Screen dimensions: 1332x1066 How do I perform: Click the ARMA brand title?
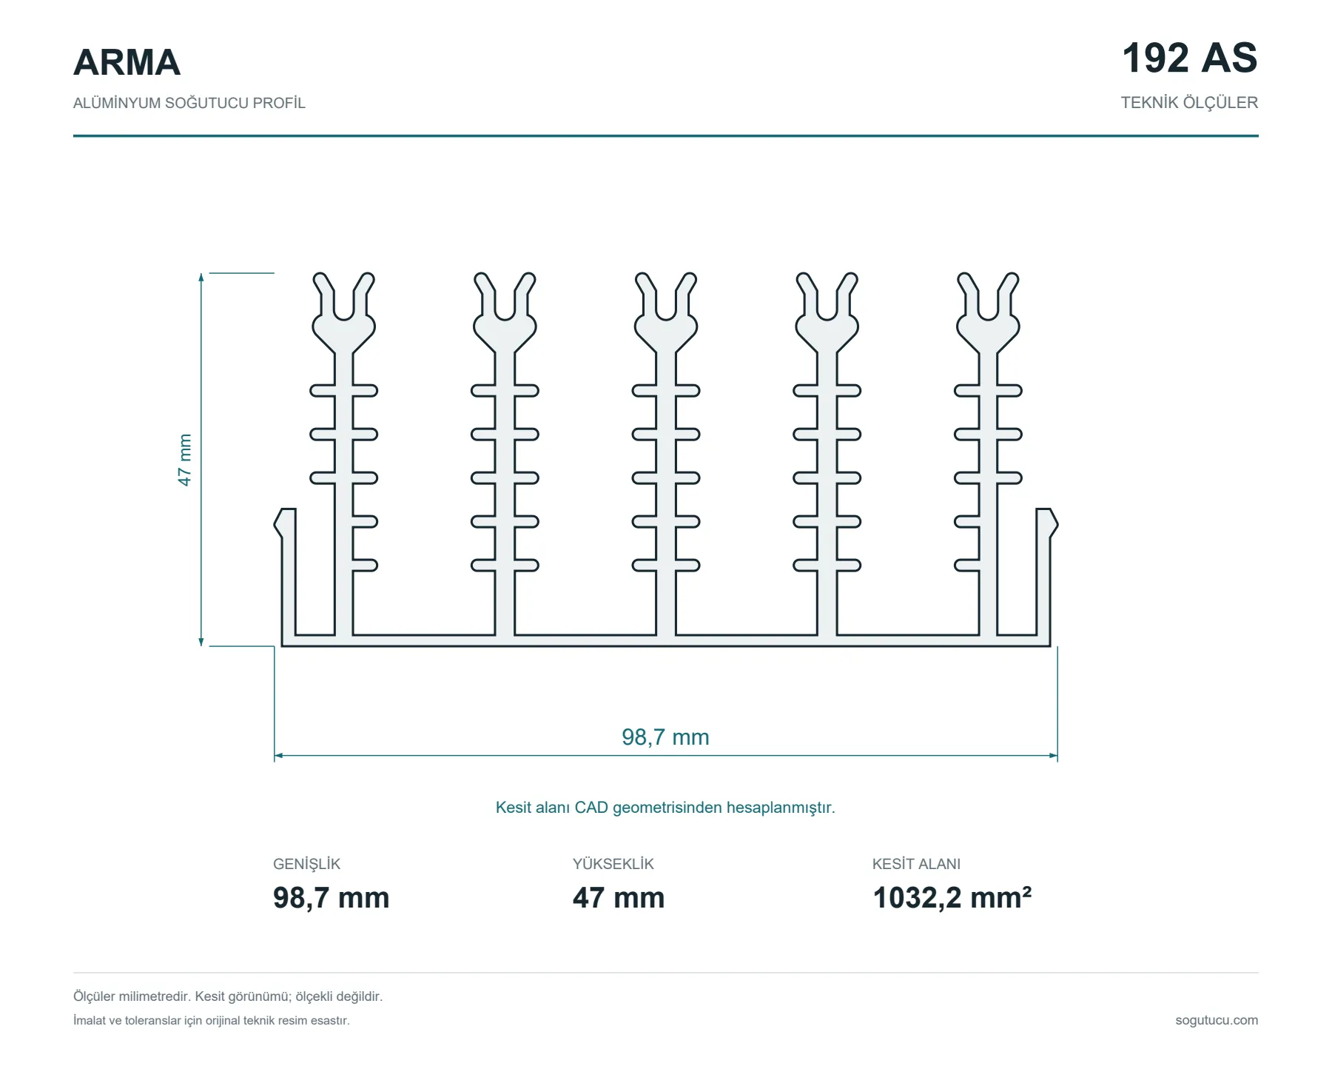(x=127, y=62)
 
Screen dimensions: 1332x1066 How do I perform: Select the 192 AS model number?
(x=1189, y=58)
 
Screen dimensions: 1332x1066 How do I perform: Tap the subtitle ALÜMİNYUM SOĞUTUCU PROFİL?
(x=189, y=103)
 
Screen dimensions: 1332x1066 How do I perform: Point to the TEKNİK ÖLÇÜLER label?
(x=1189, y=103)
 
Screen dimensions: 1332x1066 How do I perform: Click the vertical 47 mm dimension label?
(x=184, y=460)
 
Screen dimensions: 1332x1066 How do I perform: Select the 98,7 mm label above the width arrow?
(x=665, y=737)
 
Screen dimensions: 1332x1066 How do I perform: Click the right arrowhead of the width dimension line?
(x=1054, y=756)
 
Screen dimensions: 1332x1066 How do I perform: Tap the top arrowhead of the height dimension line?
(x=201, y=278)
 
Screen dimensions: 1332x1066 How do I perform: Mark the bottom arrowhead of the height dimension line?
(x=201, y=641)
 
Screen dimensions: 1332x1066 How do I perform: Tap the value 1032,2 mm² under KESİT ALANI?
(x=952, y=898)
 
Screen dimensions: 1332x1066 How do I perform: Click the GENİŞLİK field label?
(x=306, y=864)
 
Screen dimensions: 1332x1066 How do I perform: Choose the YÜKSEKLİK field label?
(x=613, y=864)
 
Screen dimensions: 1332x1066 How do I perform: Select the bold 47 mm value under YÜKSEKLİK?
(x=619, y=898)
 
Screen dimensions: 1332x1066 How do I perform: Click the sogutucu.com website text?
(x=1217, y=1020)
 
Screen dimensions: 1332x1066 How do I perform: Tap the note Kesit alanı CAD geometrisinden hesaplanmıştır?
(x=665, y=808)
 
